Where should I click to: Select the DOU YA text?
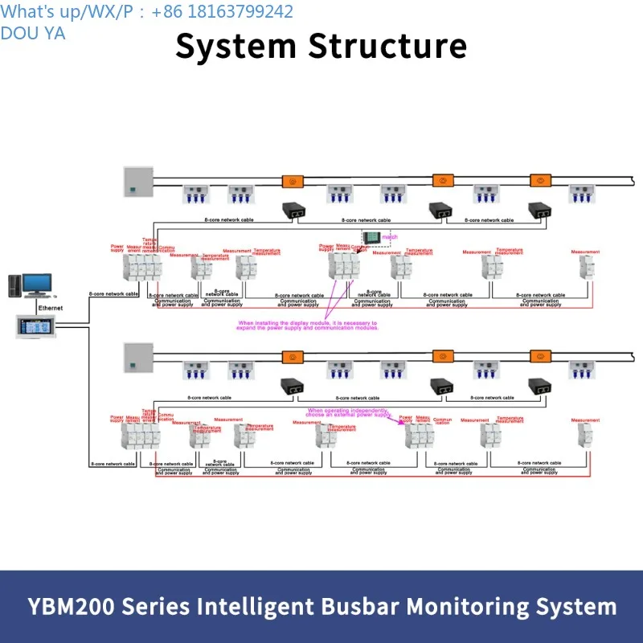33,33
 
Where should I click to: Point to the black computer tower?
14,286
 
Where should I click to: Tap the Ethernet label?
50,308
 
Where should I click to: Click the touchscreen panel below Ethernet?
38,326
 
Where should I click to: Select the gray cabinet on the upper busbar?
137,181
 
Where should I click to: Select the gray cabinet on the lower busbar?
137,357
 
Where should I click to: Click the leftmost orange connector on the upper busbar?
293,181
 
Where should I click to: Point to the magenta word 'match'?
390,237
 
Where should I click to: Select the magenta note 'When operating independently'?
349,412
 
